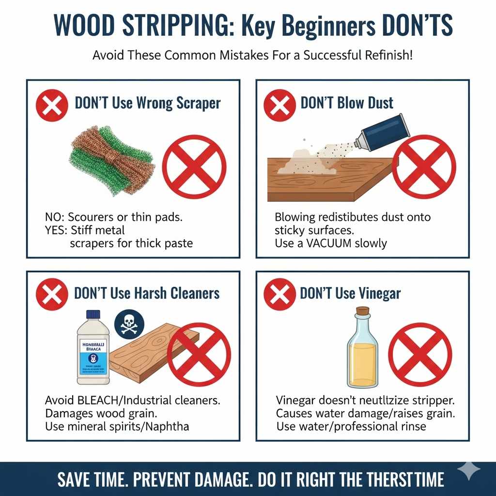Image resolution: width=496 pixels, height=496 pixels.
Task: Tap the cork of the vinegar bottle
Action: click(x=362, y=310)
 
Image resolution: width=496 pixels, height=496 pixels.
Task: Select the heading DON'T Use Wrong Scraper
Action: click(x=147, y=103)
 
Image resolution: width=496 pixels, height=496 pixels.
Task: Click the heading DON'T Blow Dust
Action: click(x=347, y=103)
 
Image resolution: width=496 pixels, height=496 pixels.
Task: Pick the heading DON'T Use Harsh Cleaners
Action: click(x=147, y=293)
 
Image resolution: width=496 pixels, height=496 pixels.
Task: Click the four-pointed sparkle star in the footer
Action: click(x=469, y=470)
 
